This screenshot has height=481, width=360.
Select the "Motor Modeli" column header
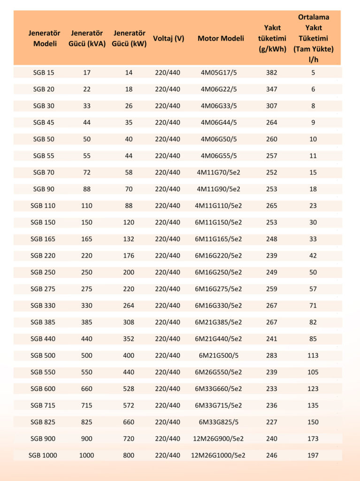pos(221,39)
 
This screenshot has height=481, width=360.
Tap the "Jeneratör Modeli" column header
pos(45,39)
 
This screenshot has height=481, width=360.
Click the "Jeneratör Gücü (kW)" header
pos(129,39)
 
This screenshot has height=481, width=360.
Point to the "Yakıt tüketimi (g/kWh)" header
pos(272,39)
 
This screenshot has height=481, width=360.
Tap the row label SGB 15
pos(44,73)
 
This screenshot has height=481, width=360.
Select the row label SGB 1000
pos(44,455)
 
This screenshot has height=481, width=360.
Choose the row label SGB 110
pos(44,206)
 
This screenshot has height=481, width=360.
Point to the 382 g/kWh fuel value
pos(272,73)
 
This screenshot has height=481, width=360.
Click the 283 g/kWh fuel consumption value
pos(272,356)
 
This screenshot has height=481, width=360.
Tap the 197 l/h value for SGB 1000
pos(313,455)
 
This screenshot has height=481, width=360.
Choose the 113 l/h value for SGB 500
pos(313,356)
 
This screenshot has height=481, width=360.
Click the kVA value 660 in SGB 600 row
pos(87,389)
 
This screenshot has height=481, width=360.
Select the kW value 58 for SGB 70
pos(129,172)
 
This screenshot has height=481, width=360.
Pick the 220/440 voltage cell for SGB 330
pos(168,305)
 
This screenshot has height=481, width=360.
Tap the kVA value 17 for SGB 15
pos(87,73)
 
